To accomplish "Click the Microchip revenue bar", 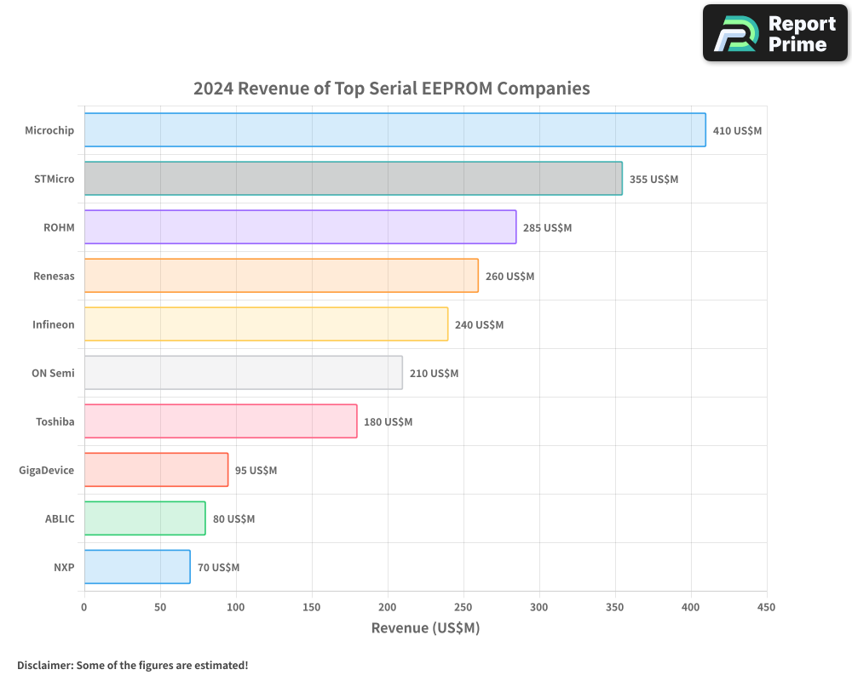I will (394, 130).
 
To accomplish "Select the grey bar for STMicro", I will (353, 179).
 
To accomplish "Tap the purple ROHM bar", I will (300, 227).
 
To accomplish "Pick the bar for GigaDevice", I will (156, 470).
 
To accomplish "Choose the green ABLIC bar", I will (145, 518).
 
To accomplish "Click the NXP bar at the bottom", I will (137, 567).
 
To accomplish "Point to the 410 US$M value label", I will (737, 131).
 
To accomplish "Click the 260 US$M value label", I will (509, 277).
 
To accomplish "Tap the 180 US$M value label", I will (388, 422).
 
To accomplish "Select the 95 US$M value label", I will (256, 471).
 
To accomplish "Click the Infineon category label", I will (53, 325).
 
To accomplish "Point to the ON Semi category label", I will (53, 374).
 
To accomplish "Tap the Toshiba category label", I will (55, 422).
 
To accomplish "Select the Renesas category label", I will (54, 277).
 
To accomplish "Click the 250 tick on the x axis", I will (463, 608).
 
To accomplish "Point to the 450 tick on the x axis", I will (767, 608).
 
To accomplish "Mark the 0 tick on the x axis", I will (84, 608).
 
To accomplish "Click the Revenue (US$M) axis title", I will (425, 628).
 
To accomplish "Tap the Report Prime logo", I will (774, 33).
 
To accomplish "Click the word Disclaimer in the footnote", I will (43, 665).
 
